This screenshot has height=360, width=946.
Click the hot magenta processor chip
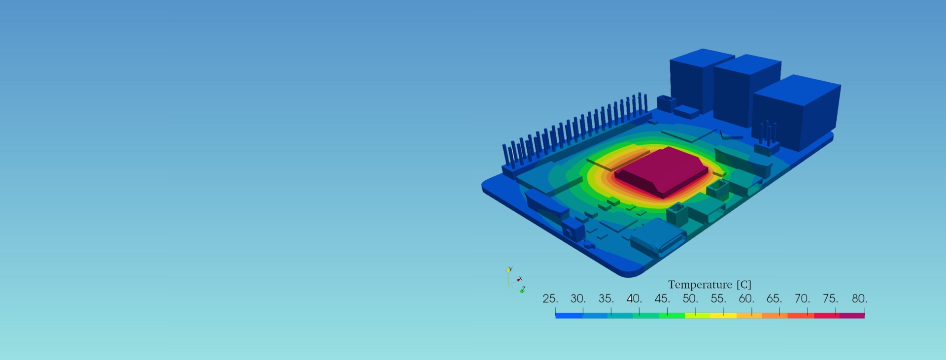[x=662, y=170]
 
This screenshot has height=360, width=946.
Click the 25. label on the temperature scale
[x=550, y=298]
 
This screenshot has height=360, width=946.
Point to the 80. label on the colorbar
[x=859, y=298]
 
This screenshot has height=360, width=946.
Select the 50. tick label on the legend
[x=690, y=298]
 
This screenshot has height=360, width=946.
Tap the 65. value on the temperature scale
[x=774, y=298]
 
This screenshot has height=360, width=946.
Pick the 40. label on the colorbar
[x=634, y=298]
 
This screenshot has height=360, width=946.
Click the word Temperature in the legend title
[x=700, y=285]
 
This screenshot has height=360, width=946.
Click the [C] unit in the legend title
[x=744, y=285]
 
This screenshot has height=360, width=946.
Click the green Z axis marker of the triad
[x=522, y=291]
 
